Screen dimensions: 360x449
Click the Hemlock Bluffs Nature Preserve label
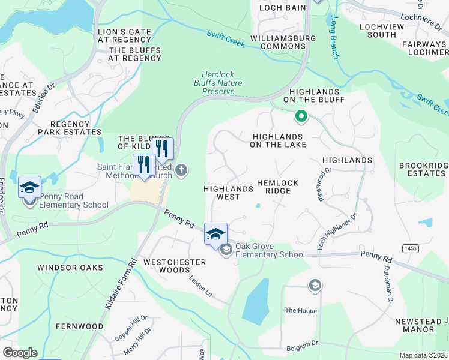tap(217, 83)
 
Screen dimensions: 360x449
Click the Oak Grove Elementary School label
tap(270, 250)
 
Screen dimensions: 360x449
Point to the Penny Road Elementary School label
tap(66, 200)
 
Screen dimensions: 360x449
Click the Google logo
tap(20, 353)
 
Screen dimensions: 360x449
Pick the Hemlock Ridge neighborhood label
tap(274, 187)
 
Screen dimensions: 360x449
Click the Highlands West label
tap(229, 193)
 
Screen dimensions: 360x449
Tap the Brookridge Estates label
tap(423, 169)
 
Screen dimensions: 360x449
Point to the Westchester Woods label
tap(175, 266)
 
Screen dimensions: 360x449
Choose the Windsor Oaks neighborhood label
tap(70, 268)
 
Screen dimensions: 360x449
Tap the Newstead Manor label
tap(415, 326)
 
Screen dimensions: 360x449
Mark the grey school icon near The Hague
tap(315, 286)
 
